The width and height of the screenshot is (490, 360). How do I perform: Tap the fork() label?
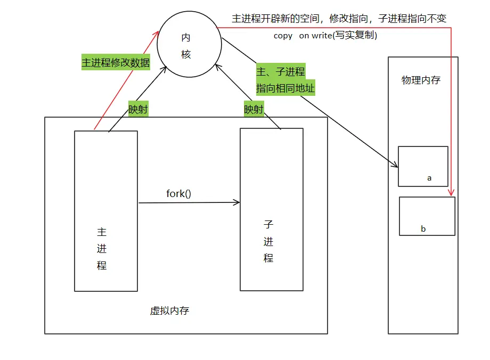pos(178,193)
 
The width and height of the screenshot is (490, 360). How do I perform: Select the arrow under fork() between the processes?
pos(189,202)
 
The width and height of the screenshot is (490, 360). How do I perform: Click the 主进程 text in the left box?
pos(102,249)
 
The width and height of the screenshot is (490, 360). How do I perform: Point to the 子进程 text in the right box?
pos(268,241)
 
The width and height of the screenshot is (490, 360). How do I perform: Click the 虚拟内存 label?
pos(169,311)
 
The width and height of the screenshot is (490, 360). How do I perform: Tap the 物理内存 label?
pos(421,80)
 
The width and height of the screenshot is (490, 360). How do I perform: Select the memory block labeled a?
pos(423,166)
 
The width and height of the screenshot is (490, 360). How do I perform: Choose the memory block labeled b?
pos(427,216)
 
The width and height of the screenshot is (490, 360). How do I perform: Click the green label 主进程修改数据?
pos(116,62)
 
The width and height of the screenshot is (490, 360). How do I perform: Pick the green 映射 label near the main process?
pos(138,110)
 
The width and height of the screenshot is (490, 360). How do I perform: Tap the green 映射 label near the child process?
pos(254,110)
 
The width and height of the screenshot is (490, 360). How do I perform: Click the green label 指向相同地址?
pos(285,88)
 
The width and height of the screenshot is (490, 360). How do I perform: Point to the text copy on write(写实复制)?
pos(325,36)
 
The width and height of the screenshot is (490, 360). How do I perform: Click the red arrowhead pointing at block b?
pos(451,193)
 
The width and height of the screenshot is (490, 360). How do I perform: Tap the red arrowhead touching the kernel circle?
pos(157,33)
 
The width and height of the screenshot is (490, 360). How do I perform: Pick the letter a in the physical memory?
pos(429,178)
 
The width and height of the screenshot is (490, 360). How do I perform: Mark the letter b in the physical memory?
pos(423,229)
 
